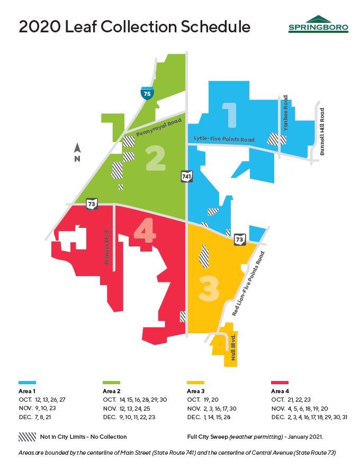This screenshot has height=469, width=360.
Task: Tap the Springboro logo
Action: pyautogui.click(x=318, y=25)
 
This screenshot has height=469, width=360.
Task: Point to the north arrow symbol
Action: pyautogui.click(x=77, y=152)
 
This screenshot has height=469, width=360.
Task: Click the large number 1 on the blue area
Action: pyautogui.click(x=229, y=115)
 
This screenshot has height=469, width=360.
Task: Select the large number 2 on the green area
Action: pyautogui.click(x=156, y=158)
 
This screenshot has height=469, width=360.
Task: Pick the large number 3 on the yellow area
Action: pyautogui.click(x=208, y=288)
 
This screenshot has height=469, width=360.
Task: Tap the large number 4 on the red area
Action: pyautogui.click(x=145, y=233)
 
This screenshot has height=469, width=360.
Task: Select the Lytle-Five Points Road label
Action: pyautogui.click(x=224, y=139)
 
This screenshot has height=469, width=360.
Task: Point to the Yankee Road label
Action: pyautogui.click(x=286, y=113)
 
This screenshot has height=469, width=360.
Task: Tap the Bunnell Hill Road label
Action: pyautogui.click(x=322, y=131)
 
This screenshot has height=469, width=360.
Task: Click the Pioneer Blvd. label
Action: pyautogui.click(x=107, y=247)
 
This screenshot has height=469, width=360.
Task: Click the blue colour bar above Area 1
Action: pyautogui.click(x=27, y=382)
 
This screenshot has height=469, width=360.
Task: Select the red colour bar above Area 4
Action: pyautogui.click(x=279, y=382)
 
